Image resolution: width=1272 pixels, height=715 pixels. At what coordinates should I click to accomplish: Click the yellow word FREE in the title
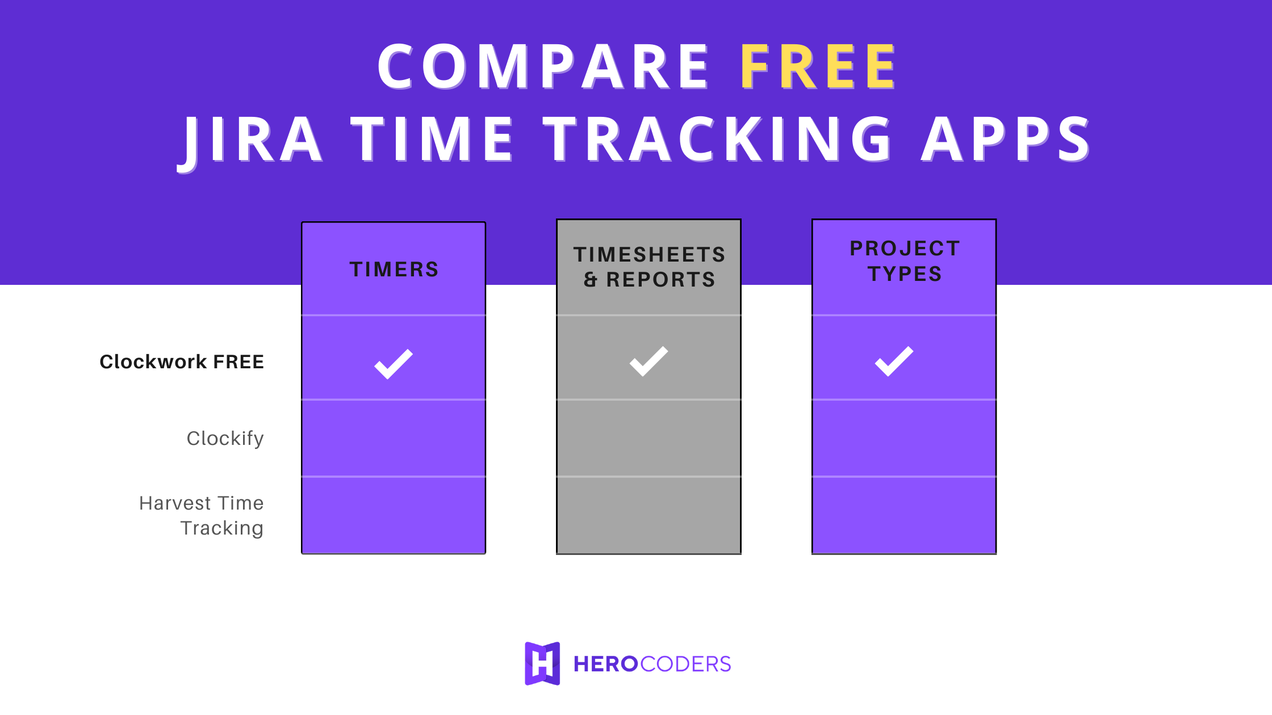(818, 67)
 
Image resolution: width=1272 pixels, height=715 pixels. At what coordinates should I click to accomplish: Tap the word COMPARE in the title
(543, 67)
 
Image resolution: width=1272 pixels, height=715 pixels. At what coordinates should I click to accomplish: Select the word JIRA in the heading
(250, 140)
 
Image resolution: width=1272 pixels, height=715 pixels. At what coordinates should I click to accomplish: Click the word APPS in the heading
(1005, 140)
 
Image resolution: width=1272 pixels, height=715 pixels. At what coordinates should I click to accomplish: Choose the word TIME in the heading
(432, 140)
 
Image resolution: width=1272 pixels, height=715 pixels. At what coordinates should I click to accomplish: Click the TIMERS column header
(394, 269)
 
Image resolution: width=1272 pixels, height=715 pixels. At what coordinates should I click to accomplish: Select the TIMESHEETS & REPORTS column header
(648, 267)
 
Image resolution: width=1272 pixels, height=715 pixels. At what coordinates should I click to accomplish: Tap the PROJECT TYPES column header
(904, 261)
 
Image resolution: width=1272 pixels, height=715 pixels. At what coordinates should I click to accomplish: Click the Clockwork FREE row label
(182, 361)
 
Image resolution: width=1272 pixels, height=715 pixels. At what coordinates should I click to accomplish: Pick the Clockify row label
(225, 438)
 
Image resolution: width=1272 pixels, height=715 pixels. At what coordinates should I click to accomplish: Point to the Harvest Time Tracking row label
(202, 515)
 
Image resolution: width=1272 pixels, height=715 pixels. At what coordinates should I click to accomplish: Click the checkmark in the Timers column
(394, 364)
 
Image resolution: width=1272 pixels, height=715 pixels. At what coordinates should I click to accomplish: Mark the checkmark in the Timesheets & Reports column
(648, 361)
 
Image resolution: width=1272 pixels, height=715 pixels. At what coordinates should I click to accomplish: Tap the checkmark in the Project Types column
(894, 361)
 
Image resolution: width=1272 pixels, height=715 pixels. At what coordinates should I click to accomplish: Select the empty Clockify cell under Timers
(394, 438)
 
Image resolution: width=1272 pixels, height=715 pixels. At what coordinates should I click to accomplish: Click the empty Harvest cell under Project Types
(904, 515)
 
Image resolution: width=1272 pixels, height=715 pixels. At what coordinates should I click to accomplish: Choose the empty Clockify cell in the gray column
(648, 438)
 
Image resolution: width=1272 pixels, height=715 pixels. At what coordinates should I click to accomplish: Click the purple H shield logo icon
(542, 663)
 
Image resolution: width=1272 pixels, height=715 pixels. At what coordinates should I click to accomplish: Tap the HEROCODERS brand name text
(652, 664)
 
